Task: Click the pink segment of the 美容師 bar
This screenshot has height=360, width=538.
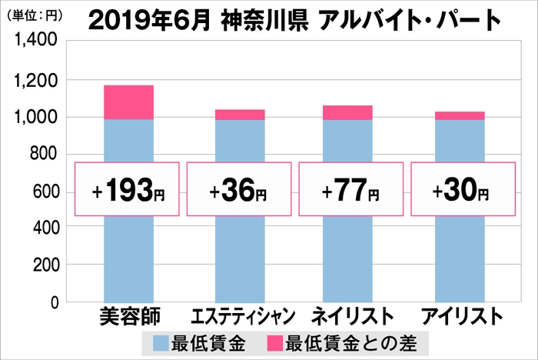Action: [128, 102]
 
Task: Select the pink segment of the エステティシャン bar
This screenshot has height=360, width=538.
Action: [240, 115]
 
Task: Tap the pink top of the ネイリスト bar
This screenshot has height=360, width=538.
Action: [348, 112]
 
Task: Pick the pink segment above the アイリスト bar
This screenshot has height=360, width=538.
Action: [460, 115]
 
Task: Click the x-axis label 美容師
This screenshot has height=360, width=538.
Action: [128, 317]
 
